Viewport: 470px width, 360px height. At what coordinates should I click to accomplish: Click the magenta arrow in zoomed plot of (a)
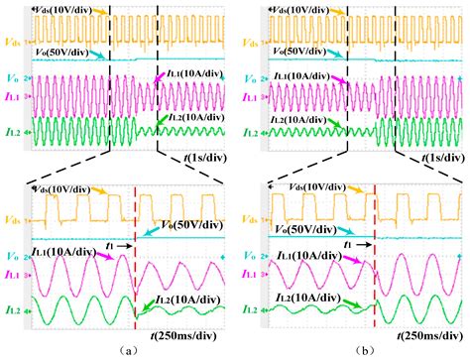[102, 259]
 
